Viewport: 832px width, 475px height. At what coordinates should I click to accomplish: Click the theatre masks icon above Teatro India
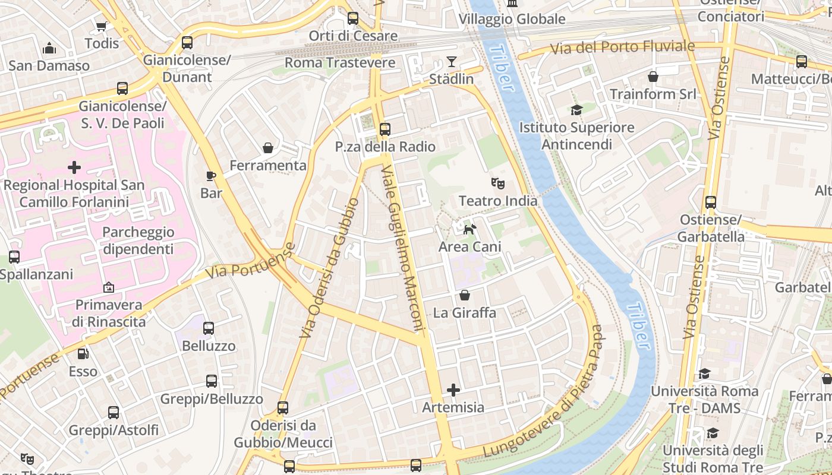497,183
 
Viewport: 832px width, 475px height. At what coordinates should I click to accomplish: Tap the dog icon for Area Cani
469,229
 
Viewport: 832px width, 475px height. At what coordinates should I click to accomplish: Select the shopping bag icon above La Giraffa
465,295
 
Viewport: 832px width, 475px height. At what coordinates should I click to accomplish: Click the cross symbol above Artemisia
453,390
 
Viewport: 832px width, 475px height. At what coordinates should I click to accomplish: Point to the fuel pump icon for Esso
83,354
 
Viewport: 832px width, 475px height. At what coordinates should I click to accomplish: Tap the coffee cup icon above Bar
210,175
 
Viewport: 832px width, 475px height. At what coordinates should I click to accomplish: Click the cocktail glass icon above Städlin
452,62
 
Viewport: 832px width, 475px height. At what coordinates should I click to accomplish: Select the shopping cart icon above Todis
101,26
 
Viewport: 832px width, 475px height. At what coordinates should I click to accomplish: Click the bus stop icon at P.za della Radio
385,129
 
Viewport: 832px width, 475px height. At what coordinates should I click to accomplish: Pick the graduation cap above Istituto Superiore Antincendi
576,110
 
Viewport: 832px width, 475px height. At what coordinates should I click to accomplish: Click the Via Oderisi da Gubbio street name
329,268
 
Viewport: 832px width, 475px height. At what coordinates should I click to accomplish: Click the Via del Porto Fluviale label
622,47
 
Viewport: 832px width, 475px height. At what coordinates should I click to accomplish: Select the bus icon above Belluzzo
209,328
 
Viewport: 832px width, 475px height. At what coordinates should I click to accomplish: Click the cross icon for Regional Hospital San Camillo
74,168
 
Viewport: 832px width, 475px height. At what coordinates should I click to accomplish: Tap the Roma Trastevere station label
340,63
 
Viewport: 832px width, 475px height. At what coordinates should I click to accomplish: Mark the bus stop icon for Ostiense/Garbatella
711,202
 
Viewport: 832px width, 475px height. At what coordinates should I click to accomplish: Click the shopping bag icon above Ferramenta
268,148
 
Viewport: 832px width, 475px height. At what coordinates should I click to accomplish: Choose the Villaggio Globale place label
512,19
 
